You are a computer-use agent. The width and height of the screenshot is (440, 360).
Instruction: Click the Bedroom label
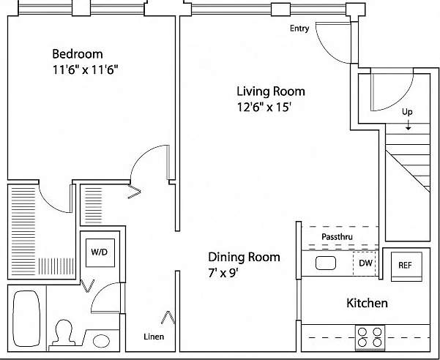pos(78,54)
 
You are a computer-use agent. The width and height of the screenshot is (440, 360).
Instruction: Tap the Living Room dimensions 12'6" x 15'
pos(264,107)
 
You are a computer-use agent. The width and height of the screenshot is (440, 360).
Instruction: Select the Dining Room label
pos(244,257)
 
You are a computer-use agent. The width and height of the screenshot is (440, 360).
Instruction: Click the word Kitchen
pos(367,303)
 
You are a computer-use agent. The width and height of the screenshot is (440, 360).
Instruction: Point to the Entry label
pos(299,29)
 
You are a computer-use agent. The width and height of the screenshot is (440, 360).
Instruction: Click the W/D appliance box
pos(100,252)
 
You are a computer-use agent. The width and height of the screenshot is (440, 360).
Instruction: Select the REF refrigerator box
pos(406,266)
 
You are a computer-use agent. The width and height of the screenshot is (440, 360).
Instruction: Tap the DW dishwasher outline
pos(365,263)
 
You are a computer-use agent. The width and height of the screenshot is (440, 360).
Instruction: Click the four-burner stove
pos(370,337)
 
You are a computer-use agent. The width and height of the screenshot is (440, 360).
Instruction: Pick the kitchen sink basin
pos(326,263)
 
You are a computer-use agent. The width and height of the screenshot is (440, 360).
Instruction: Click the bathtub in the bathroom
pos(26,318)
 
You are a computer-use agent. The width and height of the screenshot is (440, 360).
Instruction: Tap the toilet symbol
pos(64,333)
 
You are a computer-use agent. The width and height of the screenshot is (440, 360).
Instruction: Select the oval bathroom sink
pos(101,341)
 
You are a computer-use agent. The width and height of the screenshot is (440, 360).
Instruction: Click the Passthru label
pos(337,237)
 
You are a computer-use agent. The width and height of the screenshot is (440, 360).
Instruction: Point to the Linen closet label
pos(154,337)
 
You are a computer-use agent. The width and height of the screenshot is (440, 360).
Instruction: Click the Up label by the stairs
pos(407,112)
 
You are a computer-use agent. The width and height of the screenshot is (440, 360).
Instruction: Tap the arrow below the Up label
pos(408,125)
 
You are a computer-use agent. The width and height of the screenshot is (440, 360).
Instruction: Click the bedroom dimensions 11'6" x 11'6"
pos(85,70)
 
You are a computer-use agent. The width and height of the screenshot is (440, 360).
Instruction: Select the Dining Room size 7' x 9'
pos(223,273)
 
